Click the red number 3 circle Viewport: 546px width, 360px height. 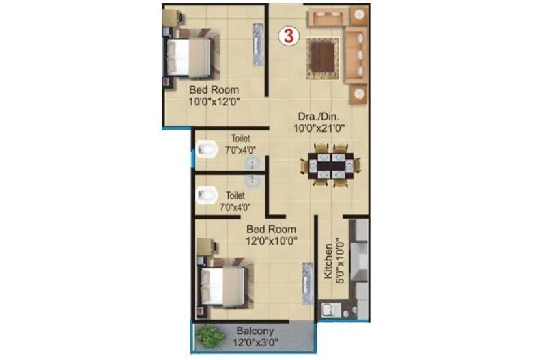point(289,36)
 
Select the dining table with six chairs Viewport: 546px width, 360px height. point(330,165)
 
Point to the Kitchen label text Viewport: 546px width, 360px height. point(328,258)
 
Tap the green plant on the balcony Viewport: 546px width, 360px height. point(210,335)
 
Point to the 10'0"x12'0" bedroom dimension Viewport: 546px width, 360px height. point(214,102)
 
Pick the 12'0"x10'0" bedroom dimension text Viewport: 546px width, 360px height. point(271,241)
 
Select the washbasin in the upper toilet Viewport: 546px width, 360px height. point(253,163)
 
